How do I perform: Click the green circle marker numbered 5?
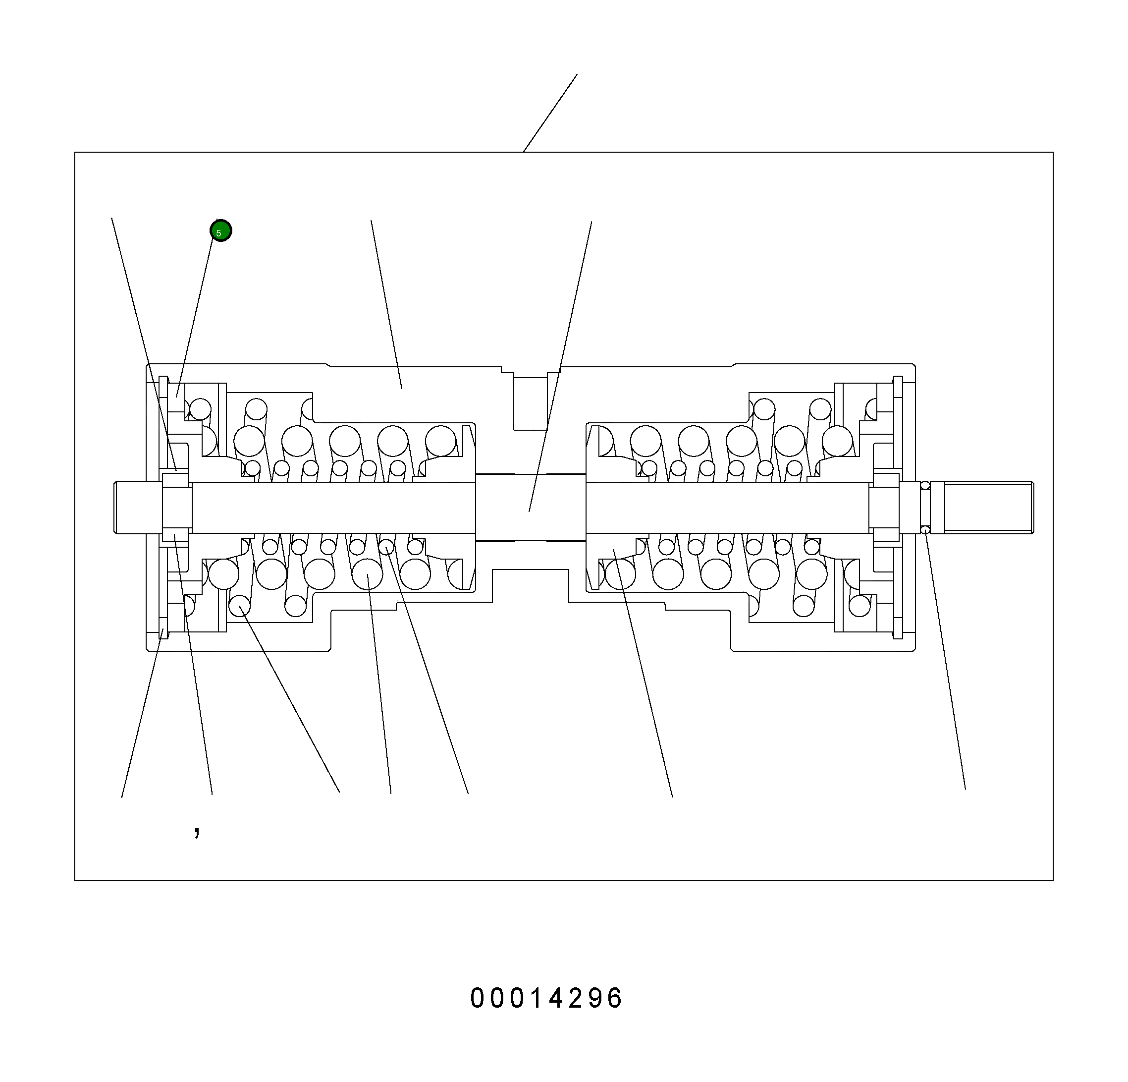click(x=221, y=231)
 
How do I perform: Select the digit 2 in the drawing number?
click(x=577, y=998)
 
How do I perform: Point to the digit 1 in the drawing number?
click(x=537, y=998)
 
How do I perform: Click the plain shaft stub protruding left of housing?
click(x=138, y=508)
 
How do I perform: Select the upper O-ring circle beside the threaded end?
click(x=925, y=485)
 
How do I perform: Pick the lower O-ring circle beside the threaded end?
click(x=925, y=530)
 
